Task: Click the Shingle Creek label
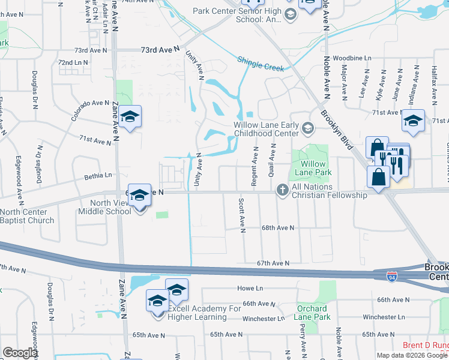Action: [260, 64]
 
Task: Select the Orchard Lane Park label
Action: [313, 313]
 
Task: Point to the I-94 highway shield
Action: [391, 277]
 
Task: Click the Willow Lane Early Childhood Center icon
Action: [308, 127]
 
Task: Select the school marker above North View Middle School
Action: [139, 196]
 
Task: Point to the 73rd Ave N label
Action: [160, 50]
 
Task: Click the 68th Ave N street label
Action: [277, 228]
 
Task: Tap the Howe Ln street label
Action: [250, 289]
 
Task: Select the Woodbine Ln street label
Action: [352, 58]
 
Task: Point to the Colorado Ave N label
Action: [90, 110]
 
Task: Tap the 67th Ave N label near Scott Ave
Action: [273, 263]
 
